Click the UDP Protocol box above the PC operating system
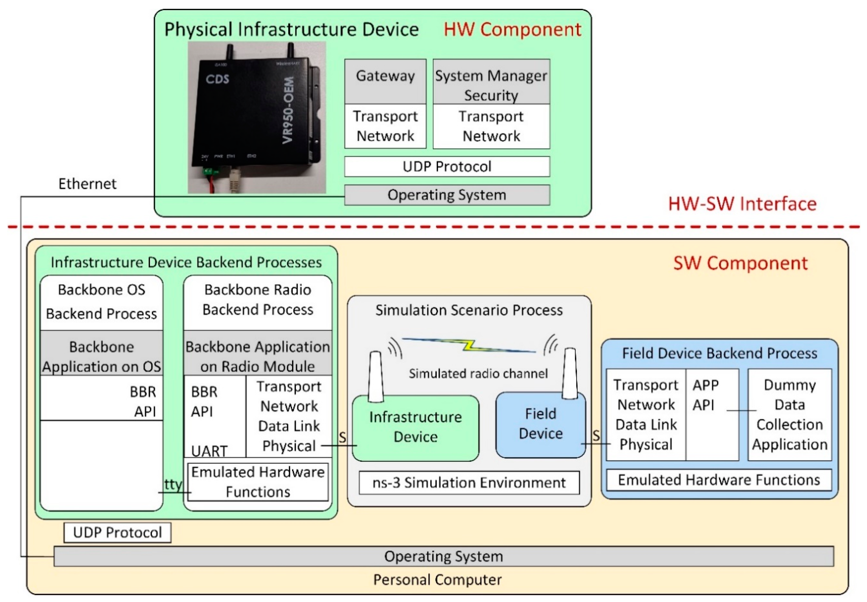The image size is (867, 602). coord(117,532)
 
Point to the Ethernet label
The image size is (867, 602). coord(87,184)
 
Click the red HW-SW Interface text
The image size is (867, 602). coord(742,204)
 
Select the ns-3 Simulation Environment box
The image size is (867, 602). coord(469,482)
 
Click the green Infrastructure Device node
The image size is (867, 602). coord(415,427)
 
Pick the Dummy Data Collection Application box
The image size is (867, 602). coord(790,415)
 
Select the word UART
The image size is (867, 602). coord(209,451)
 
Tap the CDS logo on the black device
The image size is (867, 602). coord(217,79)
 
